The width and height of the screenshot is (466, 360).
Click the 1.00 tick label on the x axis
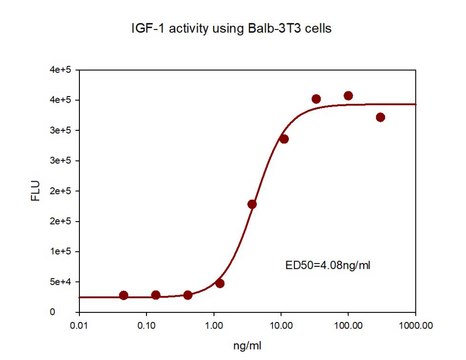click(214, 325)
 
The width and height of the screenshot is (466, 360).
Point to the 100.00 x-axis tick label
click(348, 325)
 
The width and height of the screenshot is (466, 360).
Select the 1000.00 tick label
click(413, 325)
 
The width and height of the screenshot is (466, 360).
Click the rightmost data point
click(380, 117)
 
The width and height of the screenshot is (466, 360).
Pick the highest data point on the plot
click(348, 96)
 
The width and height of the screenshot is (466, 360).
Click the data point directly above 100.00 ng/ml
click(348, 96)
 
